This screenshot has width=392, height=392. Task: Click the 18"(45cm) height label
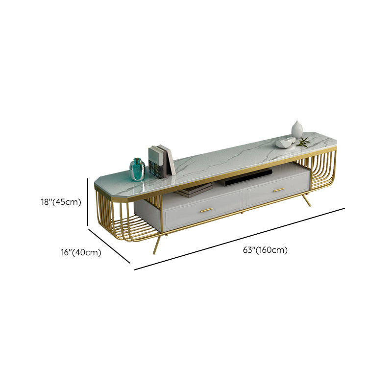[61, 202]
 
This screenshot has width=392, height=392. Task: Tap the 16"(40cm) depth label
[81, 252]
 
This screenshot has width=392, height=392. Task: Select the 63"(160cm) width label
[265, 250]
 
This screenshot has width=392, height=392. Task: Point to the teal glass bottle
[137, 169]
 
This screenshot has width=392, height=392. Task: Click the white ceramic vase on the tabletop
[297, 129]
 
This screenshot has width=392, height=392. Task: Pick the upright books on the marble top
[161, 161]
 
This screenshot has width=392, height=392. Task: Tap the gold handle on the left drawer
[206, 210]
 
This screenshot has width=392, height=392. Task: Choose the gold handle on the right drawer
[279, 190]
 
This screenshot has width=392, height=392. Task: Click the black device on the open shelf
[246, 177]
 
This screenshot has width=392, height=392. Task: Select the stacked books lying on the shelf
[193, 190]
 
